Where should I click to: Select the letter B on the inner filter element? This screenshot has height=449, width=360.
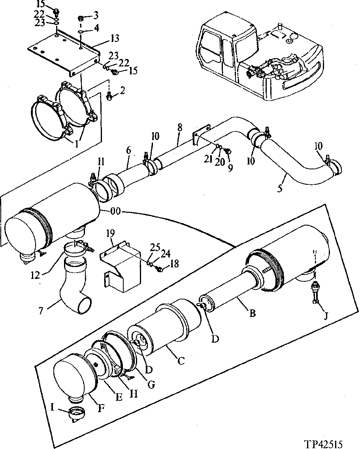pos(252,313)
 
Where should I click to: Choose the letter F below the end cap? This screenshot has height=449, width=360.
pos(101,407)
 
